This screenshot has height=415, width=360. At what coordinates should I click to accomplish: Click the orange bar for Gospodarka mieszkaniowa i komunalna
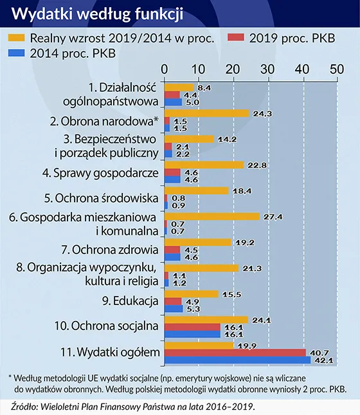212,216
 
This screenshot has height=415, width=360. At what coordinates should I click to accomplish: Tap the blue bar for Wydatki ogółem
237,360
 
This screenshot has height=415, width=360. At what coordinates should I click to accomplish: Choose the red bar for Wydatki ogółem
235,353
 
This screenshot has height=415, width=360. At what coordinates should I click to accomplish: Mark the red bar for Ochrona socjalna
192,327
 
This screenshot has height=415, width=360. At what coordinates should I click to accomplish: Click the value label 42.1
321,360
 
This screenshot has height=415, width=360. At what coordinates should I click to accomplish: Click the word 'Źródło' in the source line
24,406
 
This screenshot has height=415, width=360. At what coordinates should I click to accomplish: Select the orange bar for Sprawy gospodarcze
204,165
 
